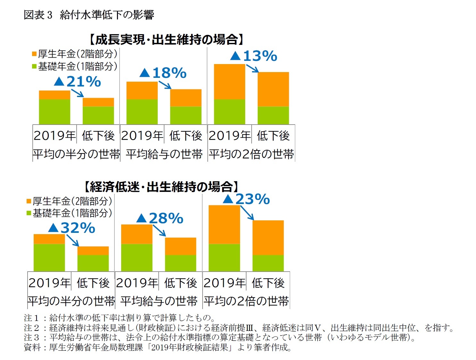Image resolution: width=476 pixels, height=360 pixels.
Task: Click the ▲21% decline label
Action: point(78,81)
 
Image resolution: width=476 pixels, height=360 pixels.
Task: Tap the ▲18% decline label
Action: point(163,73)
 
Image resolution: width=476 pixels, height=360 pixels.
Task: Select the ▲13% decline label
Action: point(254,56)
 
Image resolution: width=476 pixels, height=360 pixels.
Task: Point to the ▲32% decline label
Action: point(72,228)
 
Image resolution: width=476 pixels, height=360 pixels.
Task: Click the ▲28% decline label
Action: point(160,218)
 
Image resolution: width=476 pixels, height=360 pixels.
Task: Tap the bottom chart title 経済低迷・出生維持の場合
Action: point(161,187)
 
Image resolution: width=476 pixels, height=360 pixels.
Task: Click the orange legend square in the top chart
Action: point(34,54)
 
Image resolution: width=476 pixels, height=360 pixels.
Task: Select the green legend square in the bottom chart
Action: point(29,213)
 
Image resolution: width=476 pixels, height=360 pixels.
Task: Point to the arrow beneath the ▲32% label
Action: point(73,240)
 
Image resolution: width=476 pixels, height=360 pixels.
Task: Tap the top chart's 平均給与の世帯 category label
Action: point(164,154)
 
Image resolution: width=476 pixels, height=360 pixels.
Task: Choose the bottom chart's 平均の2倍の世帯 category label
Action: point(246,301)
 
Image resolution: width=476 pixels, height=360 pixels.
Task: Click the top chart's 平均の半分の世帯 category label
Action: point(76,154)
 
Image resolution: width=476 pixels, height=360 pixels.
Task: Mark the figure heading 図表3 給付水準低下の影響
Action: point(89,15)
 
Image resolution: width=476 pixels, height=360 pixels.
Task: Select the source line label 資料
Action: point(32,348)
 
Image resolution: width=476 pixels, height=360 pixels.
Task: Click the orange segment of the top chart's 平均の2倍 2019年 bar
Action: point(230,82)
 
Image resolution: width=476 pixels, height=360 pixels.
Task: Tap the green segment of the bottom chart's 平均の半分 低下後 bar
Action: point(93,263)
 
